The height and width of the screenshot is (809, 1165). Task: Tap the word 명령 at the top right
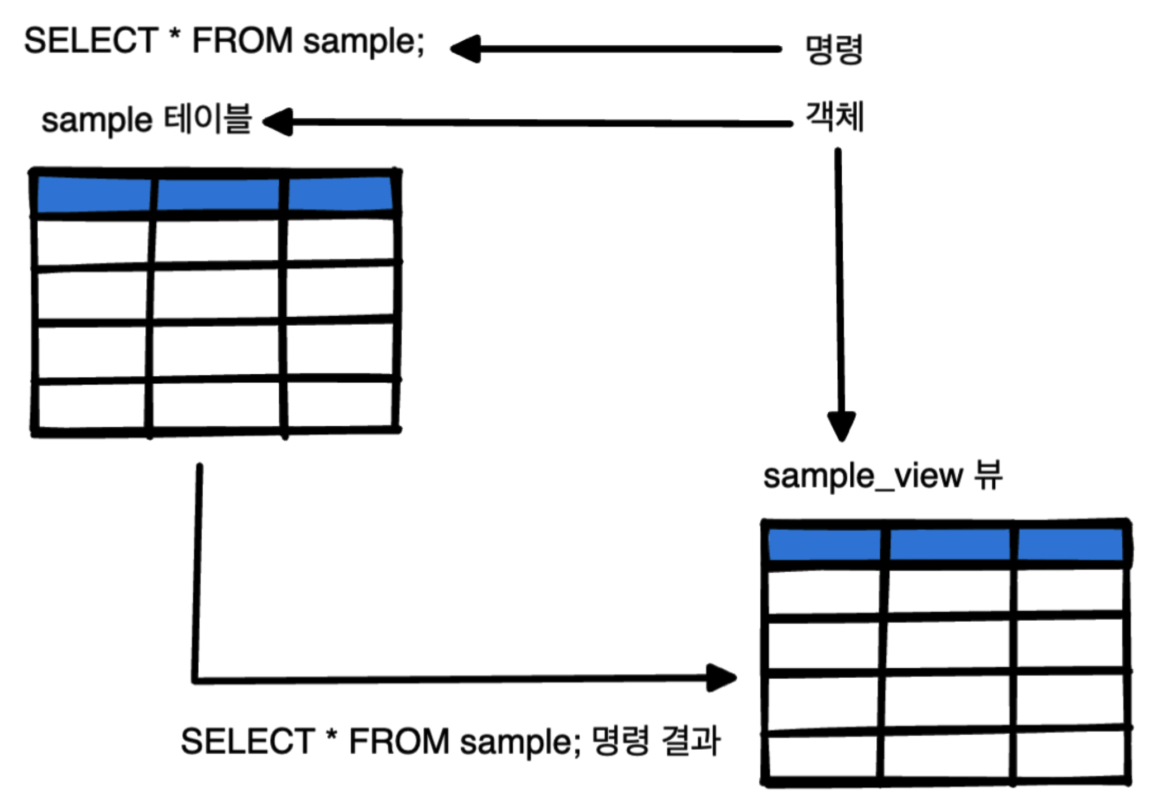tap(833, 49)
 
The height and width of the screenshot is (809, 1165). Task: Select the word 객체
tap(834, 116)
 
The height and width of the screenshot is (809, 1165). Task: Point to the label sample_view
tap(862, 477)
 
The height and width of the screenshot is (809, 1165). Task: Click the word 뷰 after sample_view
tap(988, 475)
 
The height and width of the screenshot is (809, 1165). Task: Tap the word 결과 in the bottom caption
tap(690, 741)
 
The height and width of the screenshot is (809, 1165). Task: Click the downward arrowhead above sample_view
tap(841, 426)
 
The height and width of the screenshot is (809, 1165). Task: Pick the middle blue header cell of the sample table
tap(218, 194)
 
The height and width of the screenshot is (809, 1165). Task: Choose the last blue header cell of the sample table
tap(340, 194)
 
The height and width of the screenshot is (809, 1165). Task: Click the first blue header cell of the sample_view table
tap(824, 545)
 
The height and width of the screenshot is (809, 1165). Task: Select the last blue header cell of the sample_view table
tap(1069, 544)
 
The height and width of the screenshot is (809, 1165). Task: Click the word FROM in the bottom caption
tap(399, 742)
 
